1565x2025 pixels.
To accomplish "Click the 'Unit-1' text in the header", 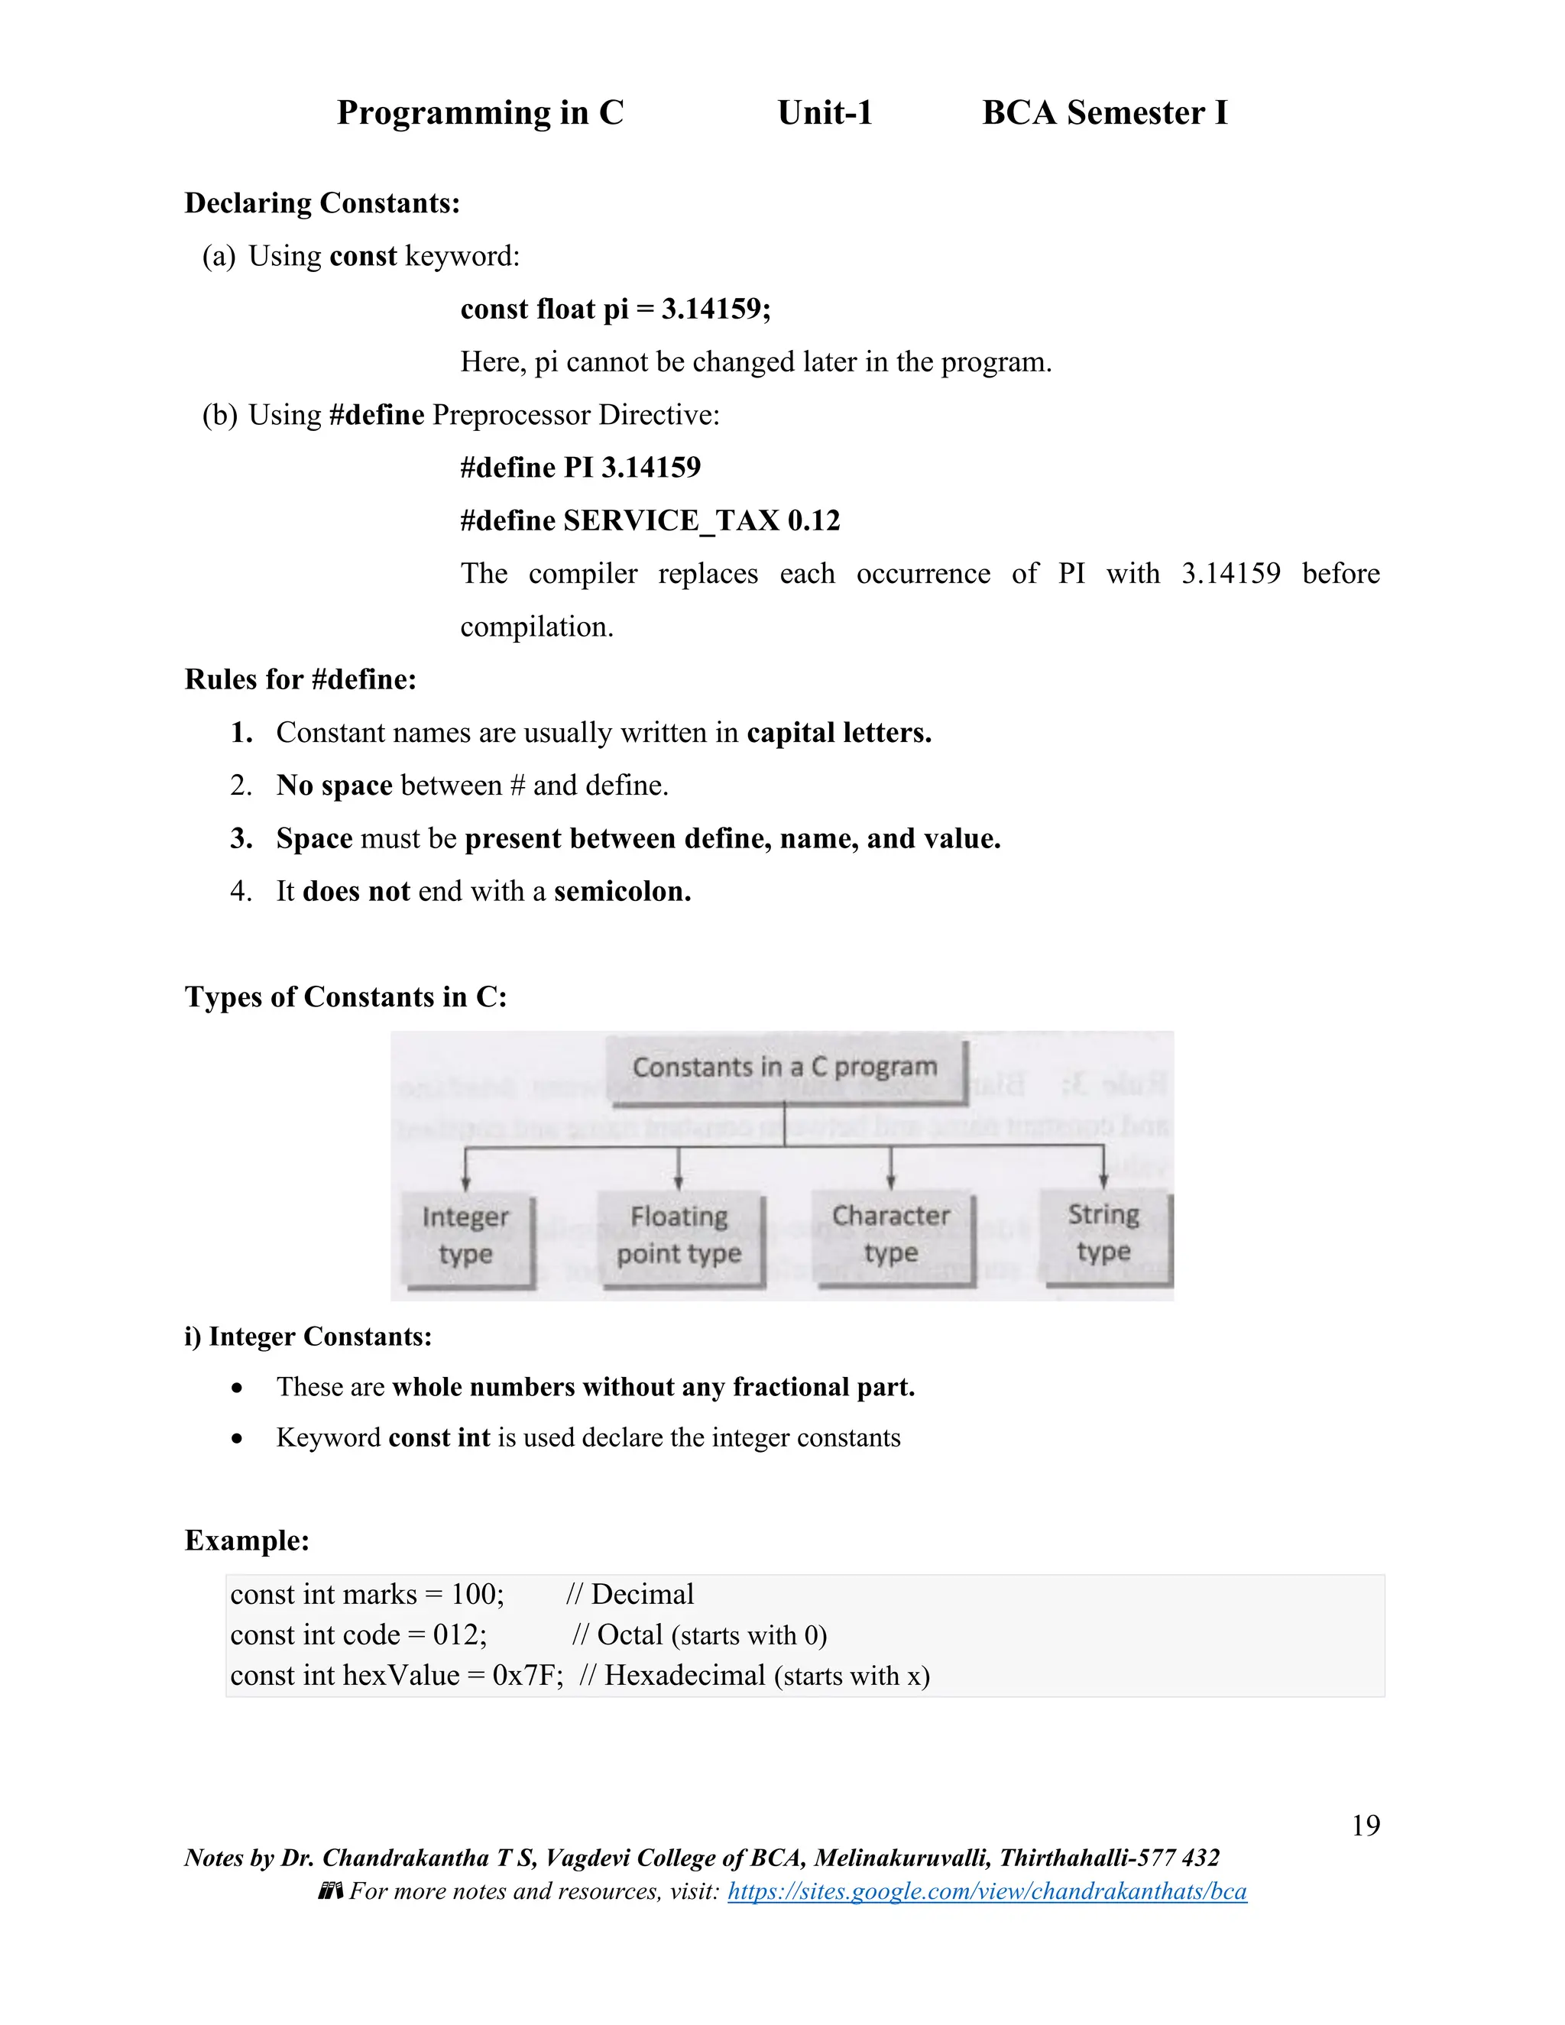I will [x=825, y=112].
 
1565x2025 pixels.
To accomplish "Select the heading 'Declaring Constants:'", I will [x=322, y=203].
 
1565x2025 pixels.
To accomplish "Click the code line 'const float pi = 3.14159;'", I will [x=614, y=309].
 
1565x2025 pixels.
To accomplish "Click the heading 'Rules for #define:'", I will [x=300, y=679].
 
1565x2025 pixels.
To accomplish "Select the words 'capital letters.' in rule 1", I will [x=838, y=733].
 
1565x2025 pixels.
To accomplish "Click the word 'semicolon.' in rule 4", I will [x=622, y=891].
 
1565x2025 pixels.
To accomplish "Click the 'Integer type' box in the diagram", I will [x=465, y=1235].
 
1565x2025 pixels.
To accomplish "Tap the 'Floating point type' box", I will [x=679, y=1235].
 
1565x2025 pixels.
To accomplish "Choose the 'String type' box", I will [x=1103, y=1233].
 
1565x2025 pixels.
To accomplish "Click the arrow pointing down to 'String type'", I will [x=1103, y=1170].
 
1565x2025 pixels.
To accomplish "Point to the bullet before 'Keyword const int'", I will [x=238, y=1439].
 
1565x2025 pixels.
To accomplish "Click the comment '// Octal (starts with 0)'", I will [x=699, y=1635].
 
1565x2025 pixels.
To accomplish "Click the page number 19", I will [x=1365, y=1825].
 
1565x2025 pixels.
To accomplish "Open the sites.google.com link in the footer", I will [x=987, y=1891].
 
